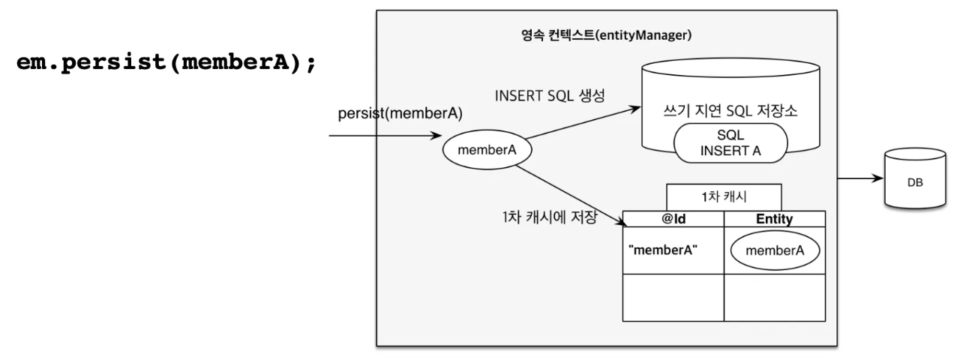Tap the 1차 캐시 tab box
tap(724, 197)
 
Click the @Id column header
tap(673, 219)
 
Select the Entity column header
tap(775, 219)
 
